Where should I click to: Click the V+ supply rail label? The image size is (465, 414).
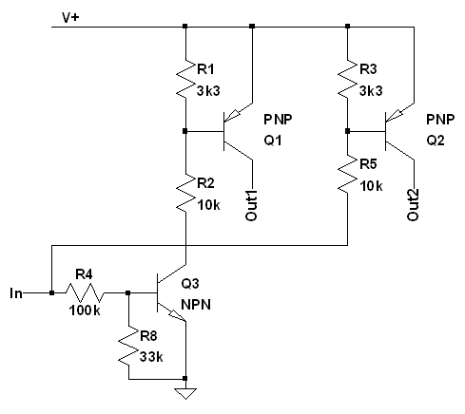coord(70,17)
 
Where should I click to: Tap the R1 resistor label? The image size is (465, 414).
coord(205,69)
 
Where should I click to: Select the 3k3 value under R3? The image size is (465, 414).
coord(371,91)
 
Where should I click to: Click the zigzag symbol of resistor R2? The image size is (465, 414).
coord(185,193)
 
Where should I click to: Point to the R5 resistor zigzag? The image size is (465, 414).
coord(348,173)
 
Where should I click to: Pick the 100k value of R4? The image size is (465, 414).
coord(85,310)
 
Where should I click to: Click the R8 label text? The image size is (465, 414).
coord(148,336)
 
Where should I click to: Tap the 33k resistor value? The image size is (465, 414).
coord(151,357)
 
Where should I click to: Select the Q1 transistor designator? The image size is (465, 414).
coord(273,141)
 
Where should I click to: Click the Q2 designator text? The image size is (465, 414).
coord(436,141)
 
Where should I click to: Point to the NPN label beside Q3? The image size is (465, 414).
coord(196,305)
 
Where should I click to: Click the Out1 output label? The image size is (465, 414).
coord(251,205)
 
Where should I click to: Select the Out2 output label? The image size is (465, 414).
coord(413,205)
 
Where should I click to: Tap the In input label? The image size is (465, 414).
coord(16,293)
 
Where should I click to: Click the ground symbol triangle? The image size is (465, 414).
coord(185,394)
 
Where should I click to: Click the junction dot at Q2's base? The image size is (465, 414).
coord(348,131)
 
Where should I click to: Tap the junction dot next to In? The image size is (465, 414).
coord(51,293)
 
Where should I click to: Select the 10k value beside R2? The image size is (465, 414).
coord(208,205)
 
